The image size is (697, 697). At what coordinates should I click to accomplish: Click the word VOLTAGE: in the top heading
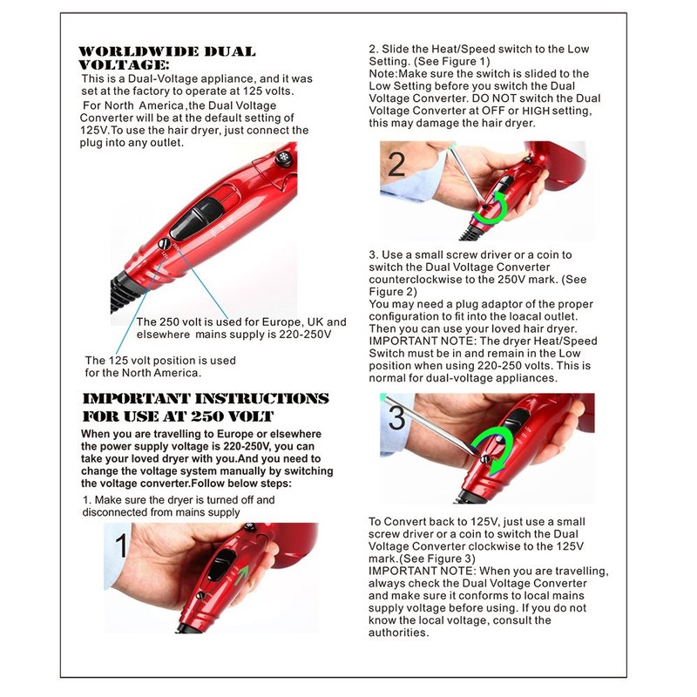pos(124,64)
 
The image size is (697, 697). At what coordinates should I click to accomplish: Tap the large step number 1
pos(121,545)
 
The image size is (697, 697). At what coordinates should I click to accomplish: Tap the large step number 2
pos(396,165)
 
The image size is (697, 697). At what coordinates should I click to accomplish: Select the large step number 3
pos(396,418)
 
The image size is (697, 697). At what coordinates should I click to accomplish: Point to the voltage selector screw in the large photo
pos(164,244)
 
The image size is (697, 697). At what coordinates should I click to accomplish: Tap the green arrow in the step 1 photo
pos(241,576)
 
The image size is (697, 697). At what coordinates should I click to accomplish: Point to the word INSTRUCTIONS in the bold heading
pos(262,398)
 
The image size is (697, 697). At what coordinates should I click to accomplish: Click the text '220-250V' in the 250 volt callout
pos(305,335)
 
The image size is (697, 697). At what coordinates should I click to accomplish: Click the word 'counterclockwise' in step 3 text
pos(416,280)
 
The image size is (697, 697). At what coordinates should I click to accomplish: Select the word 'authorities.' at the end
pos(399,633)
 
